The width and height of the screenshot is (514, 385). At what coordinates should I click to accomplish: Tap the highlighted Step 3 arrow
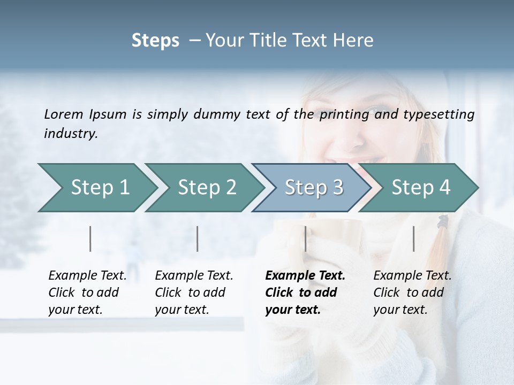[x=314, y=188]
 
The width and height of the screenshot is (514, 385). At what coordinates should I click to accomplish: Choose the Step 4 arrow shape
[x=421, y=188]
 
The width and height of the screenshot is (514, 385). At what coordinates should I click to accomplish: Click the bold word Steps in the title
[x=155, y=41]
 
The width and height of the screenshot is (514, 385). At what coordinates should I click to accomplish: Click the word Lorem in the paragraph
[x=64, y=114]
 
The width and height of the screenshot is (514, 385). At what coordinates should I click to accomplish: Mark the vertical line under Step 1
[x=90, y=238]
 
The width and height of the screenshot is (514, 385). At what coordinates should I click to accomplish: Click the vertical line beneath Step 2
[x=198, y=238]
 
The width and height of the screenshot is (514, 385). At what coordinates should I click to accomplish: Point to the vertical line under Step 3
[x=306, y=238]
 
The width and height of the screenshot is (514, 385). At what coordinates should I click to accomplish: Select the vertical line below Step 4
[x=414, y=238]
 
